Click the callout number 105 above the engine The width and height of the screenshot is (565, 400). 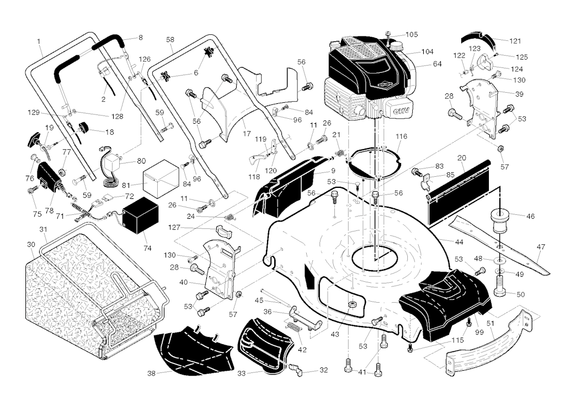point(412,34)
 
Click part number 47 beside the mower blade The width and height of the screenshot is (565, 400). point(541,247)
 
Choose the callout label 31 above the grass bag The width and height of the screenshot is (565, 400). point(43,229)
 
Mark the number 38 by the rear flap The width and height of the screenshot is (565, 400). point(151,373)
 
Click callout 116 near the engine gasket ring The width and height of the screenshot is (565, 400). point(401,136)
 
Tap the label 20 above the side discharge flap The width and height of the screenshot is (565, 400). point(461,158)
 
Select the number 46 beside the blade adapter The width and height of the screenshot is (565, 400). point(530,217)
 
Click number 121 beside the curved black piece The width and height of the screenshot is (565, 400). point(515,41)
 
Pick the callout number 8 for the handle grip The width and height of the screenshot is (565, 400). point(140,38)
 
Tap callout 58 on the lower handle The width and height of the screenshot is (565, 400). point(170,40)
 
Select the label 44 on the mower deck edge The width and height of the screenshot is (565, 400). point(459,242)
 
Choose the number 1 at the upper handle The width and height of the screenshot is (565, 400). point(39,41)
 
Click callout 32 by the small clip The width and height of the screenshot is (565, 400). point(323,370)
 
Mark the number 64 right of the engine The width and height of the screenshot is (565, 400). point(437,64)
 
